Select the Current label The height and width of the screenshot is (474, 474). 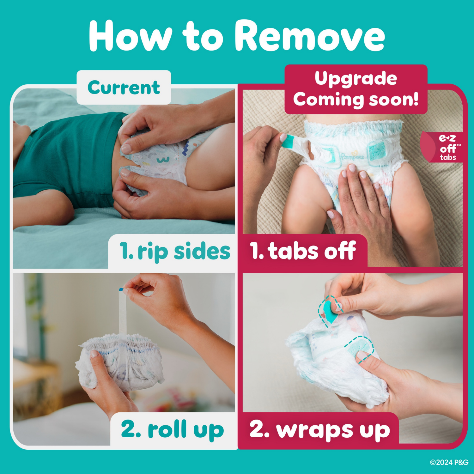(124, 88)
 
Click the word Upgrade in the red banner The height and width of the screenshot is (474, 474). (355, 78)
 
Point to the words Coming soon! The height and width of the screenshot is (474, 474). (355, 100)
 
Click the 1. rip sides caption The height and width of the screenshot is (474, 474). (175, 251)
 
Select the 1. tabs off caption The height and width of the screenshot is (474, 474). (303, 251)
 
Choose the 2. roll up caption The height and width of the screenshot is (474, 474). (173, 429)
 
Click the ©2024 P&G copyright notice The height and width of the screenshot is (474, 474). (449, 462)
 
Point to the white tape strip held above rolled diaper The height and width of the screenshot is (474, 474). (122, 313)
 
